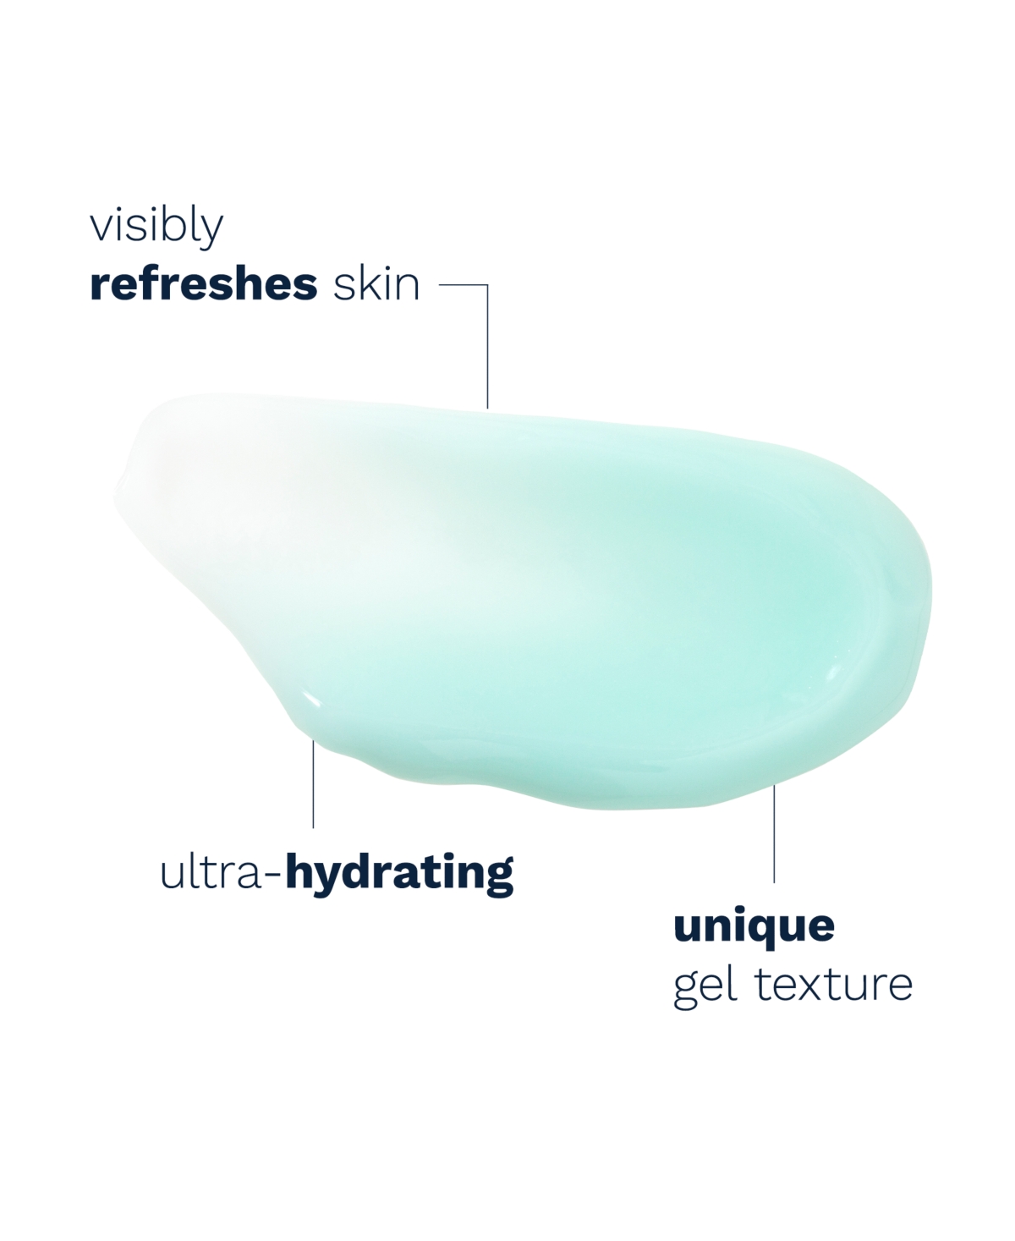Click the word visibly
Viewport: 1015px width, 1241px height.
(156, 227)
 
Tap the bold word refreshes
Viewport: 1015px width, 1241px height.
(203, 284)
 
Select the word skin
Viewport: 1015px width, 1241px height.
(376, 284)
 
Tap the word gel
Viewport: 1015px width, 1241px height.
(705, 986)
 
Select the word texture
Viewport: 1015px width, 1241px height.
(833, 985)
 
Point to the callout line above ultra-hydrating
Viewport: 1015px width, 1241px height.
(313, 784)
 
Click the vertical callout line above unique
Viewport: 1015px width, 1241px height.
(774, 834)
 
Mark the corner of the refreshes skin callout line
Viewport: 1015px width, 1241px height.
(487, 285)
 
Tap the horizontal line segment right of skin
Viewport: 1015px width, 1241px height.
(463, 285)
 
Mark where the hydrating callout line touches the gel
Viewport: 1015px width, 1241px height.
(313, 741)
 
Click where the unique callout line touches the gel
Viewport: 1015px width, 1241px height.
(774, 785)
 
